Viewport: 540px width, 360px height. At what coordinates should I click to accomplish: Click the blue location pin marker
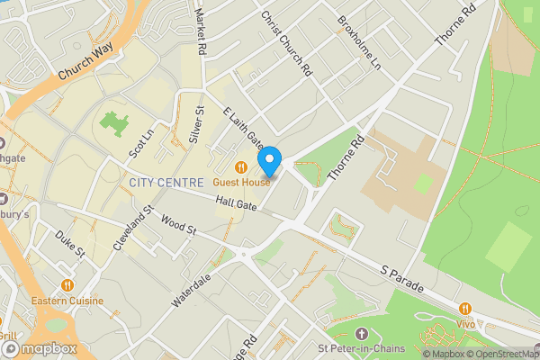point(269,162)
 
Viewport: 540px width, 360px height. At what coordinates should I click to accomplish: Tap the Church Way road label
point(87,65)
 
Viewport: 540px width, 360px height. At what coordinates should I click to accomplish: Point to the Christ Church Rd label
point(285,42)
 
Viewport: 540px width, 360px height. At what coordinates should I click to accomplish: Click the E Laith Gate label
point(242,128)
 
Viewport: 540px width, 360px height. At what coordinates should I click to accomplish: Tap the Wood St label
point(178,223)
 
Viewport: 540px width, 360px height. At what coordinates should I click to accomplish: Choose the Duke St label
point(68,244)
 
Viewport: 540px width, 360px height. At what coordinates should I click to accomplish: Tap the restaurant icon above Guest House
point(240,166)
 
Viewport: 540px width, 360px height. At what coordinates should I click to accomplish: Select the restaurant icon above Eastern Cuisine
point(67,285)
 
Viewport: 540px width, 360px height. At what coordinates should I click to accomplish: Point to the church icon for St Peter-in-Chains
point(363,334)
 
